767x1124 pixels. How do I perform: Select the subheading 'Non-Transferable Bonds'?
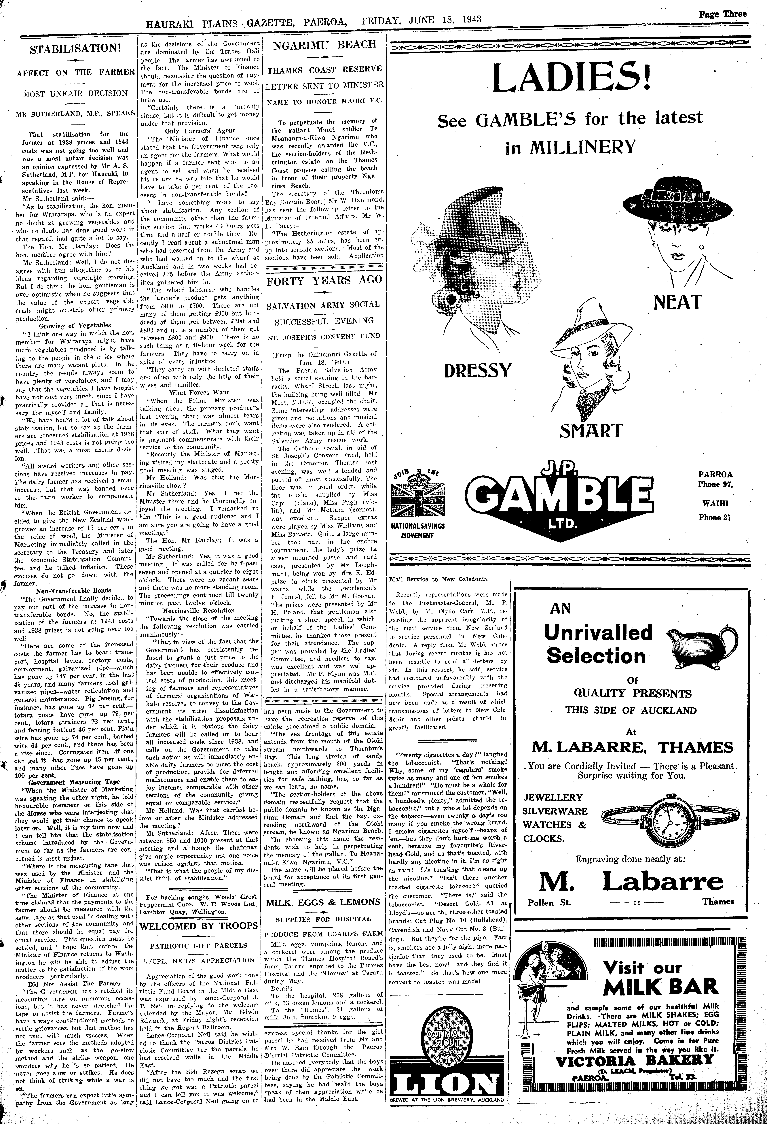tap(73, 591)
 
